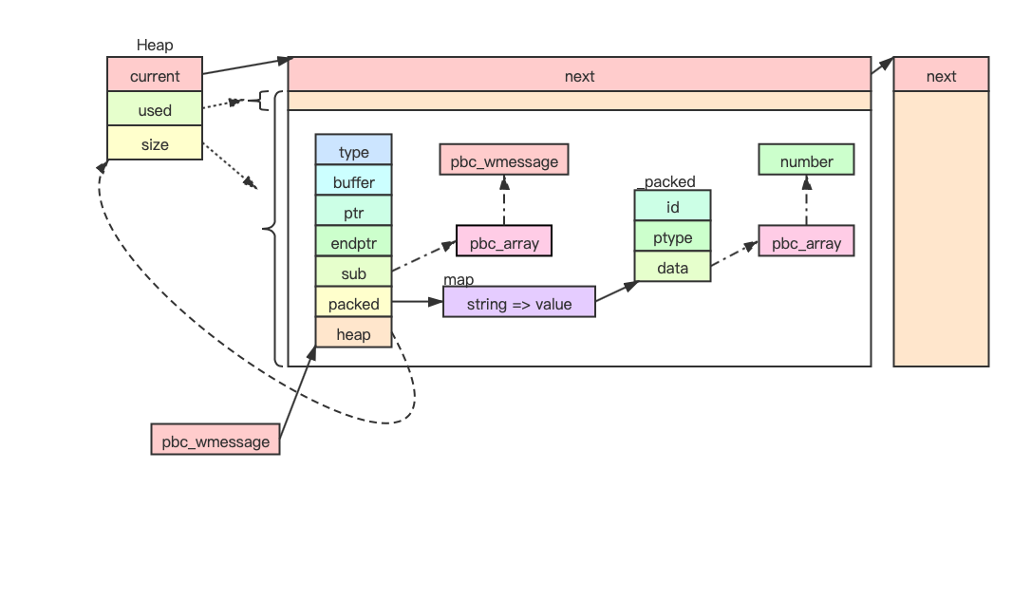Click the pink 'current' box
[155, 76]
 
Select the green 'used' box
[155, 110]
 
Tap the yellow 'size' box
[155, 144]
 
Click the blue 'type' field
[353, 152]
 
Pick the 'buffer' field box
[353, 182]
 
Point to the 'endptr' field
[353, 243]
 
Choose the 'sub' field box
[353, 273]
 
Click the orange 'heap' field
[353, 334]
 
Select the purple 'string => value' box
[518, 304]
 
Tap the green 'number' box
[806, 161]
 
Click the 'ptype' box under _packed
[672, 237]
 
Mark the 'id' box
[672, 206]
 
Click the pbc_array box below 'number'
[806, 243]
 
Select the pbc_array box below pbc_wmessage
[503, 243]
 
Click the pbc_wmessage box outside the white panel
[216, 441]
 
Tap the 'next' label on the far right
[941, 76]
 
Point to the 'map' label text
[459, 280]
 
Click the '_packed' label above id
[669, 181]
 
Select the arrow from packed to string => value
[418, 303]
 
